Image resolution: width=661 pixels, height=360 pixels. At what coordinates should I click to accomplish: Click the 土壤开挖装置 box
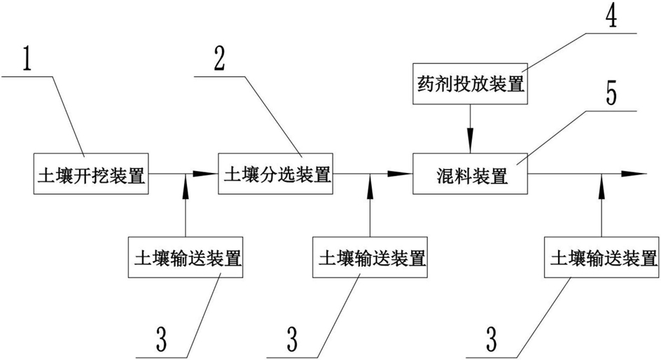click(90, 174)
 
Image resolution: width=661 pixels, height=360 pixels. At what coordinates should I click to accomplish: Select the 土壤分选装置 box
click(277, 173)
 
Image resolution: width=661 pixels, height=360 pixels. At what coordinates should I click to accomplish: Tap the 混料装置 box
click(470, 174)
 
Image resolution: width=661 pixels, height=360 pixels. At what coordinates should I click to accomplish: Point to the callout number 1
click(27, 61)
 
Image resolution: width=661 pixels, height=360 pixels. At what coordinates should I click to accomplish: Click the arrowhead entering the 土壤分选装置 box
click(207, 174)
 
